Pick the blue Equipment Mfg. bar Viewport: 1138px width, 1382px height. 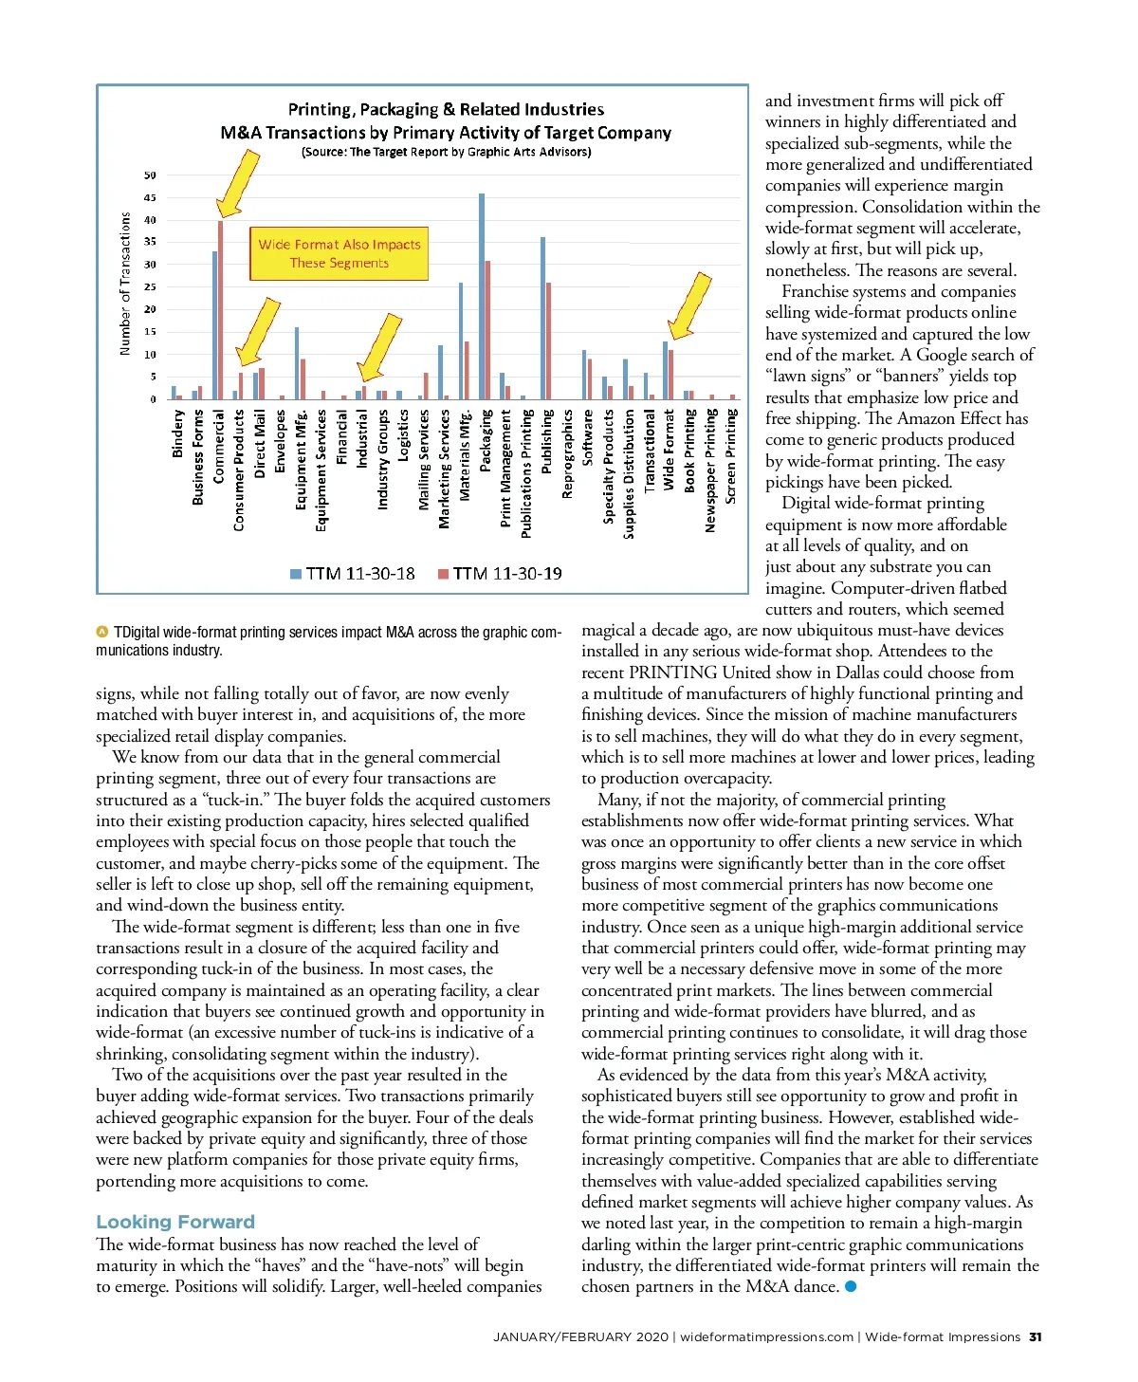[x=297, y=363]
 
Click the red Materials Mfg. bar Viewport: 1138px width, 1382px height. [x=467, y=370]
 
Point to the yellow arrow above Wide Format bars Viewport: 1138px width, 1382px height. [x=690, y=305]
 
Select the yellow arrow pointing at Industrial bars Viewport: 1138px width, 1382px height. [x=379, y=346]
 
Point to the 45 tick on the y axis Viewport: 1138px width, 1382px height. [x=150, y=198]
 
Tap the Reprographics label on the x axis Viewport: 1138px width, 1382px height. [x=567, y=453]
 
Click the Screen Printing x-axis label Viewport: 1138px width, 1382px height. [x=731, y=456]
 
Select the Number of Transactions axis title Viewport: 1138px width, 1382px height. [x=125, y=284]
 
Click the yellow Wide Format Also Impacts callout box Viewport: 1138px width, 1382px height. [x=340, y=253]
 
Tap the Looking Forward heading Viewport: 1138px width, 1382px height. [x=175, y=1222]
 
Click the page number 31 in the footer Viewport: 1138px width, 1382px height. [x=1035, y=1337]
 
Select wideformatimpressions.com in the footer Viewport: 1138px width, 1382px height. [x=766, y=1337]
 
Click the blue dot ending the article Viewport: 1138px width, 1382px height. [x=851, y=1287]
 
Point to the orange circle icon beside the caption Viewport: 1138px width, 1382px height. [x=102, y=632]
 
